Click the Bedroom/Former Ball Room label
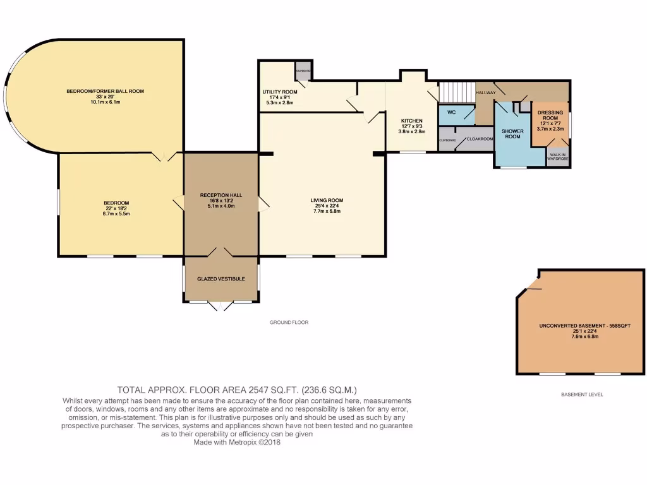point(106,92)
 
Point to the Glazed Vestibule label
point(221,278)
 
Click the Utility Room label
point(279,92)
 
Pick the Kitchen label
point(411,121)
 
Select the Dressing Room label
point(550,115)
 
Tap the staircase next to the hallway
point(456,93)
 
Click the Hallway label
point(486,92)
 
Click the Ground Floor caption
point(289,322)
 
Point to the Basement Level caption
point(582,394)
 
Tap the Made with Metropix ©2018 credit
point(237,443)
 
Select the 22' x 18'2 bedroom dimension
point(116,208)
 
